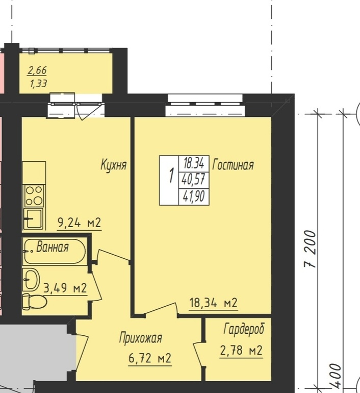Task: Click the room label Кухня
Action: [x=114, y=165]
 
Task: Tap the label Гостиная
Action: [x=233, y=165]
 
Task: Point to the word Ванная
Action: [x=53, y=247]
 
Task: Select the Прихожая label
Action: [x=140, y=338]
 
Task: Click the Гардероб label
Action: [x=244, y=329]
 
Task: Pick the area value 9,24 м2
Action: [x=79, y=223]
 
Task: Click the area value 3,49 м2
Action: [x=65, y=288]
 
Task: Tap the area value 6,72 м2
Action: [x=150, y=358]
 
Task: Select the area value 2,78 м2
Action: [x=241, y=350]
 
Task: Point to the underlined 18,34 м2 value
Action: [x=213, y=303]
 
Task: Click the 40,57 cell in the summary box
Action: [x=194, y=180]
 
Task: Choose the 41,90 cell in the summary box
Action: [x=194, y=196]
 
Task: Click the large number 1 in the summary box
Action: [x=171, y=176]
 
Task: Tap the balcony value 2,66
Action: [x=37, y=70]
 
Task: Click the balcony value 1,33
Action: [x=38, y=84]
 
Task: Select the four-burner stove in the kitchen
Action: [x=34, y=196]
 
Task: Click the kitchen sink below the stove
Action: [x=34, y=219]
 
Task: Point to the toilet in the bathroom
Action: [x=35, y=302]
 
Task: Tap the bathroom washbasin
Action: [x=31, y=279]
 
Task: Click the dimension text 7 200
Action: [x=310, y=249]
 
